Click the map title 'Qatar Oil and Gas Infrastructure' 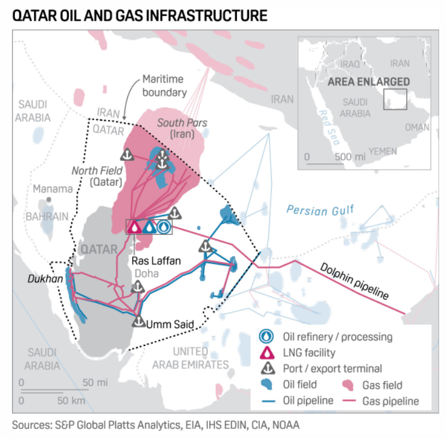[x=140, y=15]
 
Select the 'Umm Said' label [x=170, y=325]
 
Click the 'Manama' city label [x=53, y=189]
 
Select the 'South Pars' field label [x=182, y=123]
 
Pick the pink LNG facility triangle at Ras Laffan [x=134, y=227]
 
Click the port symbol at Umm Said [x=138, y=321]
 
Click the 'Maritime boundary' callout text [x=164, y=85]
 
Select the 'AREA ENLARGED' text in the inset [x=368, y=82]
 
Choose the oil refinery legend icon [x=265, y=337]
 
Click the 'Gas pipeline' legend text [x=390, y=401]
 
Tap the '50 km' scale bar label [x=71, y=400]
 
